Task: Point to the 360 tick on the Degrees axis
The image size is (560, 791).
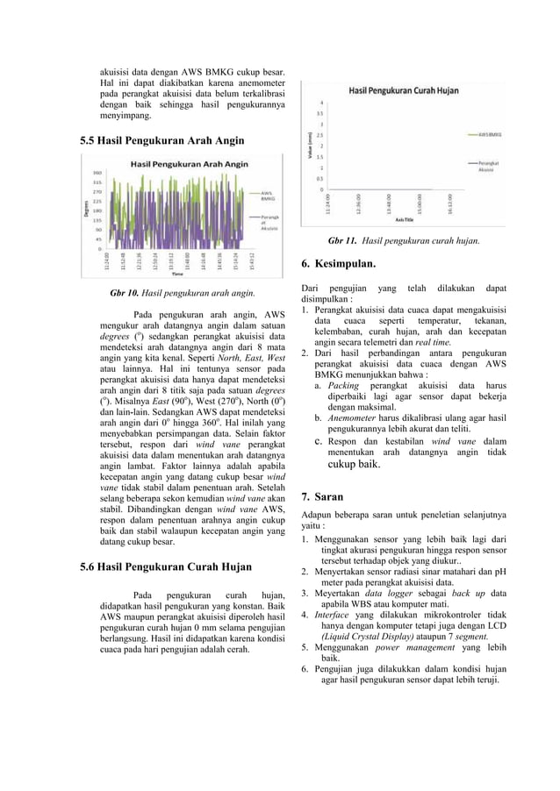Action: (x=97, y=172)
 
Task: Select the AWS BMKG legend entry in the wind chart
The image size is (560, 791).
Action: (x=268, y=196)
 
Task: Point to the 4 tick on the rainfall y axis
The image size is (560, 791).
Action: (x=320, y=103)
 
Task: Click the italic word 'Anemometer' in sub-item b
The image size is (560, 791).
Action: (x=355, y=418)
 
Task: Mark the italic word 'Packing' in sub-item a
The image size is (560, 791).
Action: (x=343, y=385)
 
